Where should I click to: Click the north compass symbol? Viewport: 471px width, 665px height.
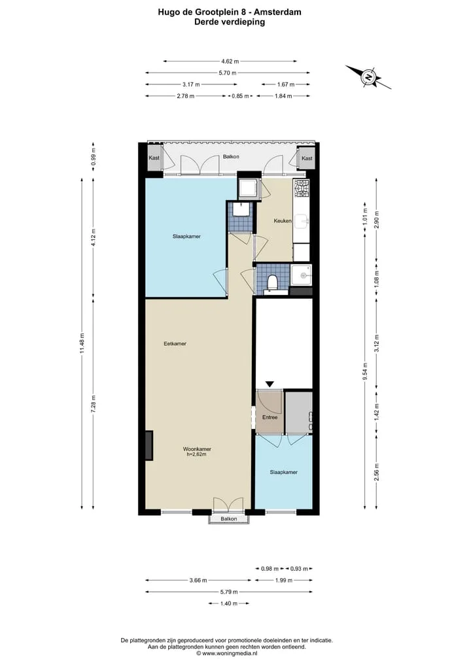point(368,77)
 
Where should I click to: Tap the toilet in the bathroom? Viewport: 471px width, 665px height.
point(272,282)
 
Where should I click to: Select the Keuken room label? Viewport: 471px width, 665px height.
point(283,221)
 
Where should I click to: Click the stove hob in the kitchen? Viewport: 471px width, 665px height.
point(302,188)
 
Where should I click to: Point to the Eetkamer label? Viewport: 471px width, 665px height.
point(175,344)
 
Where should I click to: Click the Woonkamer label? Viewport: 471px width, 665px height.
point(197,449)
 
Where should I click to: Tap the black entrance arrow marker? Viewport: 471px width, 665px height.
point(270,384)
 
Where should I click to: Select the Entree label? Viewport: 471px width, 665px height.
point(270,417)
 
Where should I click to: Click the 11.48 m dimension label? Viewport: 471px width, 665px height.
point(82,343)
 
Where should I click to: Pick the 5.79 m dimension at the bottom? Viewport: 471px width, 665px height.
point(229,592)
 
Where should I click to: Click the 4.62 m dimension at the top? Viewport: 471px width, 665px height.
point(230,61)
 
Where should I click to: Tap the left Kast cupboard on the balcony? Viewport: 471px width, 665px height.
point(154,158)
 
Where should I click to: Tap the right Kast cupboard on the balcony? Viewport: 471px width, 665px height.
point(307,158)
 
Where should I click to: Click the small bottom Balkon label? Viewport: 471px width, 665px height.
point(229,519)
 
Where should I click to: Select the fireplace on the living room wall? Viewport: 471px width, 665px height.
point(149,445)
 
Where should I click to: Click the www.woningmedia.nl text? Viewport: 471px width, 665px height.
point(230,653)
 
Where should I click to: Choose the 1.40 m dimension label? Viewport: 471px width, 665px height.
point(229,603)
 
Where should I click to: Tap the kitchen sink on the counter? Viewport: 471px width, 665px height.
point(302,220)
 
